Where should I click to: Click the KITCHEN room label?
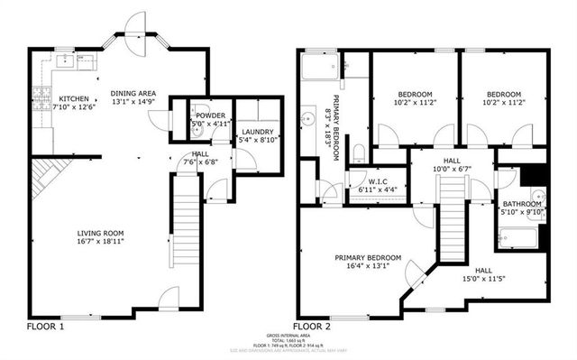75,98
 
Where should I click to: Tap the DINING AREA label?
133,93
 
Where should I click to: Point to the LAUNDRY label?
257,132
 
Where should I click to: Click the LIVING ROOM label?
101,232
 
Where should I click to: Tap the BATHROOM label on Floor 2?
522,204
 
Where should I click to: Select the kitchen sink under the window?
65,60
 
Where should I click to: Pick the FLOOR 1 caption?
45,326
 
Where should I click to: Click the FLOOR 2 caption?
312,326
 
